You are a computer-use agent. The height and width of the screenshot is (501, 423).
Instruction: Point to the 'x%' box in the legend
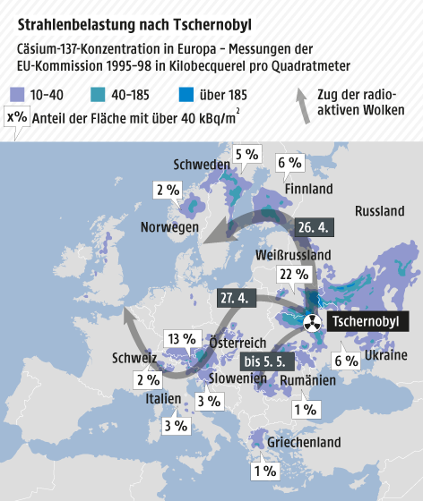point(16,116)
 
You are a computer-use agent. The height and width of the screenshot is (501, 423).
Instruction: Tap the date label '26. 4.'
point(315,227)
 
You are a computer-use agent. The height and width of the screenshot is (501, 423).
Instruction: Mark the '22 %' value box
point(288,276)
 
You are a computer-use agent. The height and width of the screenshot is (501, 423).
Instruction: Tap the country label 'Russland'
point(380,212)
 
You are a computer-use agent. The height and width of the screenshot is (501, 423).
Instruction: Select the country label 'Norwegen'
point(168,228)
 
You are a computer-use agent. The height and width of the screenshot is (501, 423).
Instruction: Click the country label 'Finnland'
point(308,189)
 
